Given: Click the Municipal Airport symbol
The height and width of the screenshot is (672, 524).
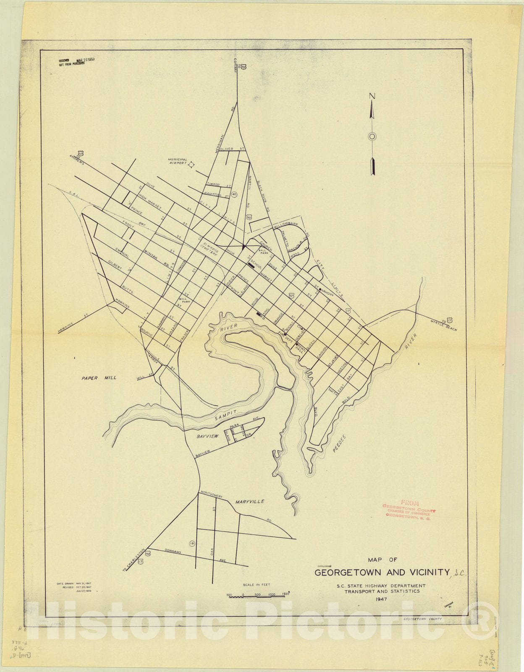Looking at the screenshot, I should tap(191, 165).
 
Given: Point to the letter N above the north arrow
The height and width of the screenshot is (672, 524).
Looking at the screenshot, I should tap(372, 96).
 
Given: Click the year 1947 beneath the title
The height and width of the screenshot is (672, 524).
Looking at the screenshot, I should tap(382, 599).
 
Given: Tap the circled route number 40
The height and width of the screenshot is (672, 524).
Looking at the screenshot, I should tap(234, 194).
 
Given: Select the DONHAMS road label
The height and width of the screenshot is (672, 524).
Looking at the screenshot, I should tap(173, 551).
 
